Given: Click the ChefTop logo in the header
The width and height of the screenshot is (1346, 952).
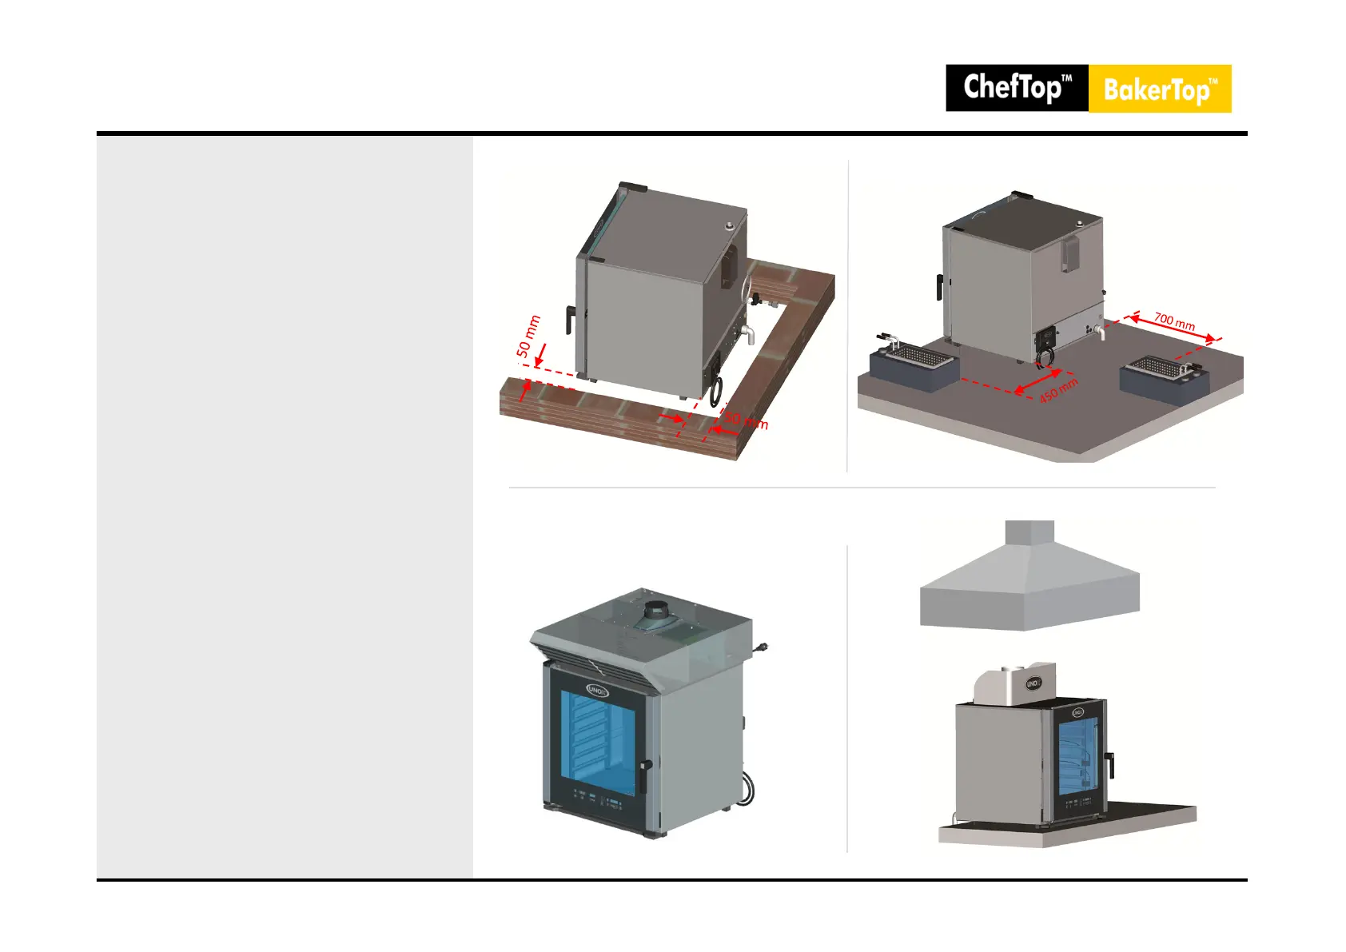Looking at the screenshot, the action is coord(1017,88).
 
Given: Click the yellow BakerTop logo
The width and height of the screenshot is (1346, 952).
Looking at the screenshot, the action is coord(1160,89).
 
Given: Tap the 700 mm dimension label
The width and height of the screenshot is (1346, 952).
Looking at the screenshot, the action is coord(1173,321).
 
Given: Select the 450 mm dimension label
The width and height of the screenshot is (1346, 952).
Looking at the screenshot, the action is coord(1058,390).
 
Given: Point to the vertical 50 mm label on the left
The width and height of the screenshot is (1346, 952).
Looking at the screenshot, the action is coord(528,337).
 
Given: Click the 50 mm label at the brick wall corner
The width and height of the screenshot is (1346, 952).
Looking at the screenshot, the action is coord(745,420).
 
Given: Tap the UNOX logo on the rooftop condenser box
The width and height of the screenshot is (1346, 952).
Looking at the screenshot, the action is coord(1033,684).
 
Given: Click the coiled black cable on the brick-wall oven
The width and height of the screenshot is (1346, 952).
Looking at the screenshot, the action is coord(715,392).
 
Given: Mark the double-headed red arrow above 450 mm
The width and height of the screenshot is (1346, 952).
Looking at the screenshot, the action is coord(1038,380).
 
